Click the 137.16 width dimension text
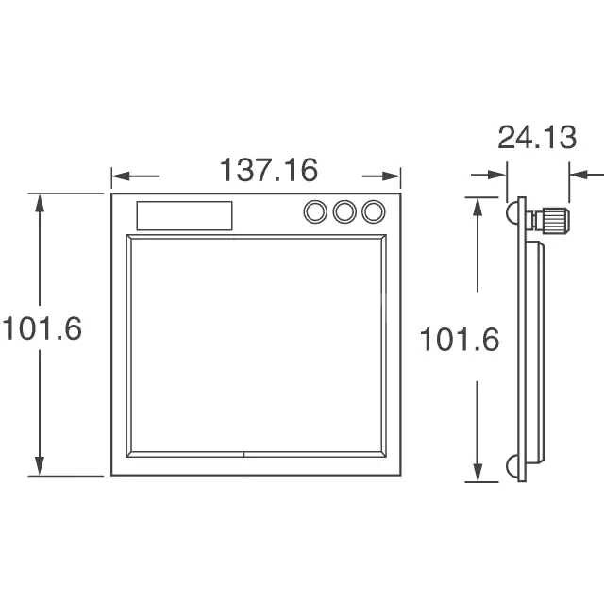click(x=269, y=170)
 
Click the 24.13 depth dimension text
click(x=537, y=137)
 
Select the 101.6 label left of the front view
click(x=42, y=328)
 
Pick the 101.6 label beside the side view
click(x=460, y=340)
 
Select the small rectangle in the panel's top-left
click(x=185, y=216)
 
